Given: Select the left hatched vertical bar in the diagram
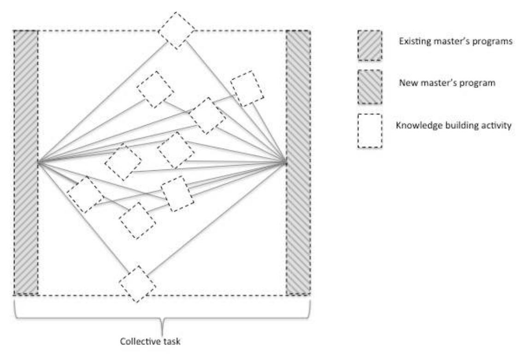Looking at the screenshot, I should tap(25, 162).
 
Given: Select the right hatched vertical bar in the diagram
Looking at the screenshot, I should tap(298, 162).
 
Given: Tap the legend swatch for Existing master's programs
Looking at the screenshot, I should tap(369, 46).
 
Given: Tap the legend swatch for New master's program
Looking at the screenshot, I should tap(369, 87).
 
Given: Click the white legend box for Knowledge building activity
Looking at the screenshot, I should tap(369, 131).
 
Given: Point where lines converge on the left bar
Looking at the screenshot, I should tap(38, 163).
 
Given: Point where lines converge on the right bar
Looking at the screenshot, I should tap(286, 162).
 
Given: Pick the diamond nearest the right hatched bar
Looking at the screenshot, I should tap(247, 88).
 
